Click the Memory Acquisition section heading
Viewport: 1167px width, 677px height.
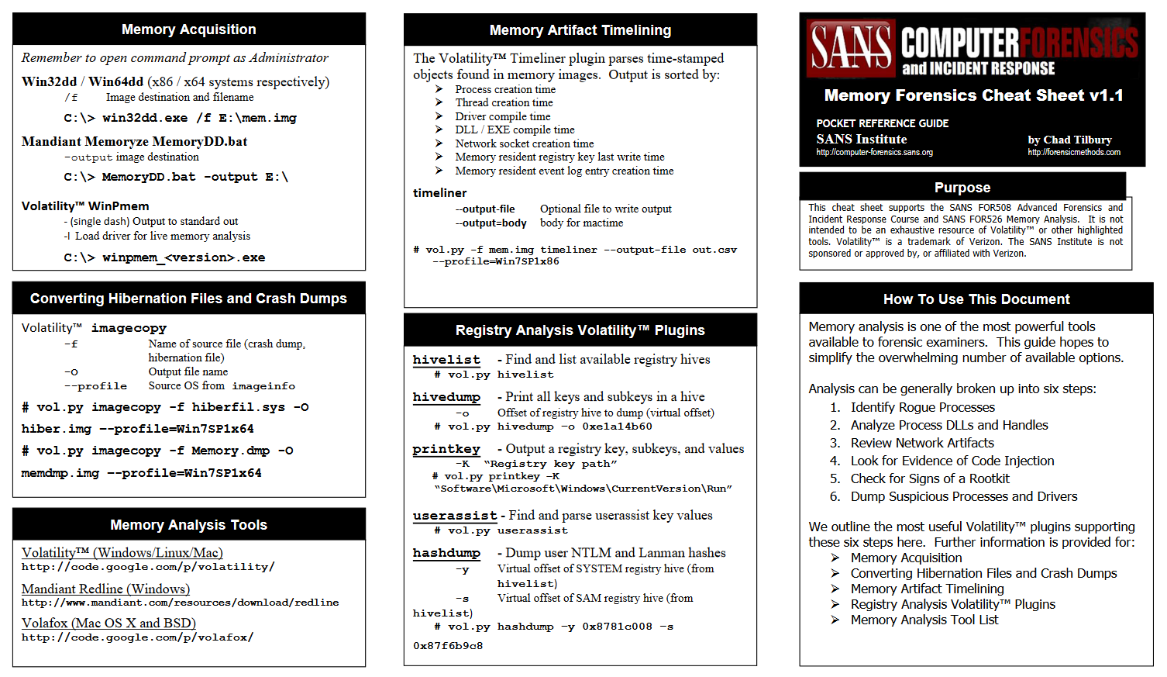(188, 29)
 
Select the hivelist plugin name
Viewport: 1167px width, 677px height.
(446, 360)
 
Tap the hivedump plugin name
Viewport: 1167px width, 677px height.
(446, 397)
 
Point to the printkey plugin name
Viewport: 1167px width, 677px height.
(446, 449)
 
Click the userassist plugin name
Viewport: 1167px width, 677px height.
(455, 516)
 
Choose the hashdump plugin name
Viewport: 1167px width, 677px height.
(446, 553)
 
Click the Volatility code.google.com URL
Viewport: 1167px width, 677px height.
(148, 567)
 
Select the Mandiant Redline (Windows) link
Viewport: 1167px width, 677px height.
(105, 589)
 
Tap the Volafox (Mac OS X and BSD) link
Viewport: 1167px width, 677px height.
(108, 623)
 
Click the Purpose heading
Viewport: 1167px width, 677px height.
(962, 188)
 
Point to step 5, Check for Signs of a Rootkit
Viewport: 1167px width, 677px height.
(930, 478)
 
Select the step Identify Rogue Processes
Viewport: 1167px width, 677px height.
(922, 407)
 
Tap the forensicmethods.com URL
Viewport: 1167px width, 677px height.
(1074, 152)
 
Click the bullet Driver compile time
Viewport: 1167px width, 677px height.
(502, 116)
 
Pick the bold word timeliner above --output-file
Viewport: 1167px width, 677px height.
(440, 192)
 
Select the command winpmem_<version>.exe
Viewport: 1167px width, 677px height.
(184, 257)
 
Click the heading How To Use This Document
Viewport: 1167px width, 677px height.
(976, 299)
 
